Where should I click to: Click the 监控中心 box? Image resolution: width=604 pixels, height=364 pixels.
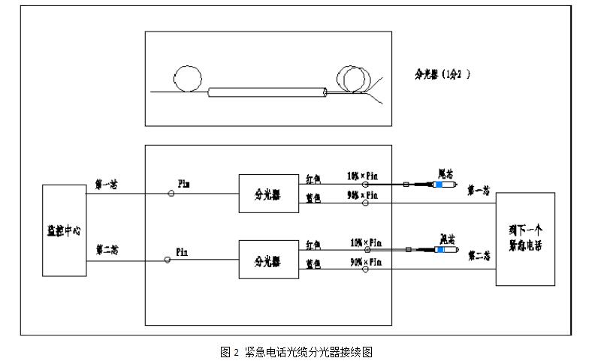click(x=65, y=230)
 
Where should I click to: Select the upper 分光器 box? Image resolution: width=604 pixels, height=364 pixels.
click(x=267, y=193)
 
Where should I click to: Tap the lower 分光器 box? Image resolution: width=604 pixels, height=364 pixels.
click(x=267, y=260)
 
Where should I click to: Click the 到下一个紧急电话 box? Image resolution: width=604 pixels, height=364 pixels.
click(x=525, y=239)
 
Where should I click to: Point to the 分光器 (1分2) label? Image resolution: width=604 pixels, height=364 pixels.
click(x=443, y=74)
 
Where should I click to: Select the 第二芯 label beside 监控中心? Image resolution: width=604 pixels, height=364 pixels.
click(x=107, y=249)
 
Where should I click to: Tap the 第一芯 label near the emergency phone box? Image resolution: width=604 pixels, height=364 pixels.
click(x=479, y=191)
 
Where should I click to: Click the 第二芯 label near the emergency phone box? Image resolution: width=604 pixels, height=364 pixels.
click(x=479, y=257)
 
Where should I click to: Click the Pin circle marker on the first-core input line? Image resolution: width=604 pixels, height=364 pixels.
click(x=171, y=193)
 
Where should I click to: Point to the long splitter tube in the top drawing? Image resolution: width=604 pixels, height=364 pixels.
click(x=266, y=92)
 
